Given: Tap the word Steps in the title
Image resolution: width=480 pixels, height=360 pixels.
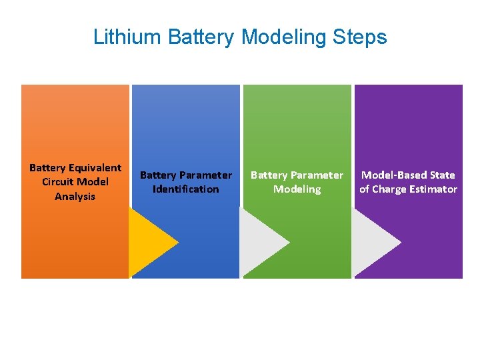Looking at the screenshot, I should [363, 37].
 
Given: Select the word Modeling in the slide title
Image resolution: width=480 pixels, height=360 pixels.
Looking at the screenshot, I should [280, 37].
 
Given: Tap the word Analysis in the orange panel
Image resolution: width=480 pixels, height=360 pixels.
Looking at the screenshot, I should [75, 197].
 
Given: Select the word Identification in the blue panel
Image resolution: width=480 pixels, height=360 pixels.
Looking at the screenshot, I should [185, 189].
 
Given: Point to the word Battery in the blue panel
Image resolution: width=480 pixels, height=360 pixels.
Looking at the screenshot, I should [158, 175].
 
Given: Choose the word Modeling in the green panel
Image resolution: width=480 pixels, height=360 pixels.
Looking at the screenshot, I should [297, 189].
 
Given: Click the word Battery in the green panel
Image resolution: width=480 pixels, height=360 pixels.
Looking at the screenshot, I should [269, 175].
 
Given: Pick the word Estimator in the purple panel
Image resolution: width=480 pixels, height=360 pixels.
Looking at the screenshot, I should [433, 189].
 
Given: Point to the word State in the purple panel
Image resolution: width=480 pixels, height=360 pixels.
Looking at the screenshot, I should [441, 175].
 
